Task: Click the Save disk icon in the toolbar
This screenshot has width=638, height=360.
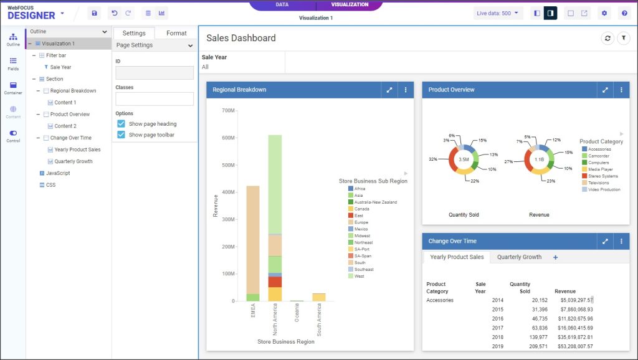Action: click(94, 13)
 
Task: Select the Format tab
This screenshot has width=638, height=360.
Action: click(176, 33)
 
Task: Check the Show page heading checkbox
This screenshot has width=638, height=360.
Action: click(121, 124)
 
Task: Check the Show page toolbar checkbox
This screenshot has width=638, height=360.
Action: click(121, 135)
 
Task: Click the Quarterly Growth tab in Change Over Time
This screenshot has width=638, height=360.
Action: click(519, 257)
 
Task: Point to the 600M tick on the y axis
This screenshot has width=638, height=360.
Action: click(228, 138)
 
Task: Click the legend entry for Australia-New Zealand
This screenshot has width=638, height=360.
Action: click(375, 202)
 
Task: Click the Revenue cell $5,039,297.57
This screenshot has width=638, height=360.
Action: click(576, 300)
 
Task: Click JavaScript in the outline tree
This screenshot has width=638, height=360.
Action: click(57, 173)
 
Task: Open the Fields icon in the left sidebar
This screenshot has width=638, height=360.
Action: click(13, 64)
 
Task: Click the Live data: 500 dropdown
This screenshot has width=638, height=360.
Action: click(498, 13)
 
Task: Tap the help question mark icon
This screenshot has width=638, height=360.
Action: click(624, 13)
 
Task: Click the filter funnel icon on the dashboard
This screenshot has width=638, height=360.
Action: click(623, 39)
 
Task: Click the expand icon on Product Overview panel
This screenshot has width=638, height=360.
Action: click(605, 90)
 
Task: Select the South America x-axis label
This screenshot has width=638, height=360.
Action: click(319, 320)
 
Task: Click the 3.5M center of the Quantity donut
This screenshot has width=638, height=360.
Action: click(464, 159)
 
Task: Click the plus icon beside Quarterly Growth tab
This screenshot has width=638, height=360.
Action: click(555, 257)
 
